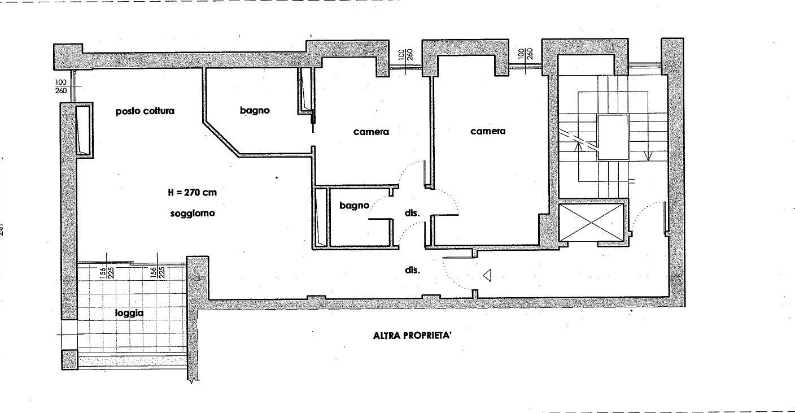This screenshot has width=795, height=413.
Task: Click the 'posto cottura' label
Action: click(x=145, y=111)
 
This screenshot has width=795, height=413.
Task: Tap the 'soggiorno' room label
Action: click(x=192, y=214)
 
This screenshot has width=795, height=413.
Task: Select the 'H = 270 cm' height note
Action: click(x=192, y=192)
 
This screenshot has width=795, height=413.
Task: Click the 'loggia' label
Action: click(x=129, y=312)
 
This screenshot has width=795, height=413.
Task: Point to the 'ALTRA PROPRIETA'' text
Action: click(x=413, y=335)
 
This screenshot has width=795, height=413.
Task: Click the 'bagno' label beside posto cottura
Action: click(x=254, y=111)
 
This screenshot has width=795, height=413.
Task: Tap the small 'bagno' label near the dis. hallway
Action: click(x=354, y=206)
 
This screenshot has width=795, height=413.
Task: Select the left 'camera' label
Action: click(x=371, y=132)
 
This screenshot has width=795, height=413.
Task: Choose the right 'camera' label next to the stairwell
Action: click(x=488, y=131)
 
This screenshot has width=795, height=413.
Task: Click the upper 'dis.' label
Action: click(x=413, y=214)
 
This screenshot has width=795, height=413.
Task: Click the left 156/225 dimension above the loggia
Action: click(x=105, y=272)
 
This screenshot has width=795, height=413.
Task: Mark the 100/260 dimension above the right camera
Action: click(x=525, y=54)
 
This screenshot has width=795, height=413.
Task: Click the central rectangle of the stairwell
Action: click(x=614, y=137)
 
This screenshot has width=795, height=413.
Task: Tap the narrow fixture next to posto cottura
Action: click(x=83, y=130)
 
